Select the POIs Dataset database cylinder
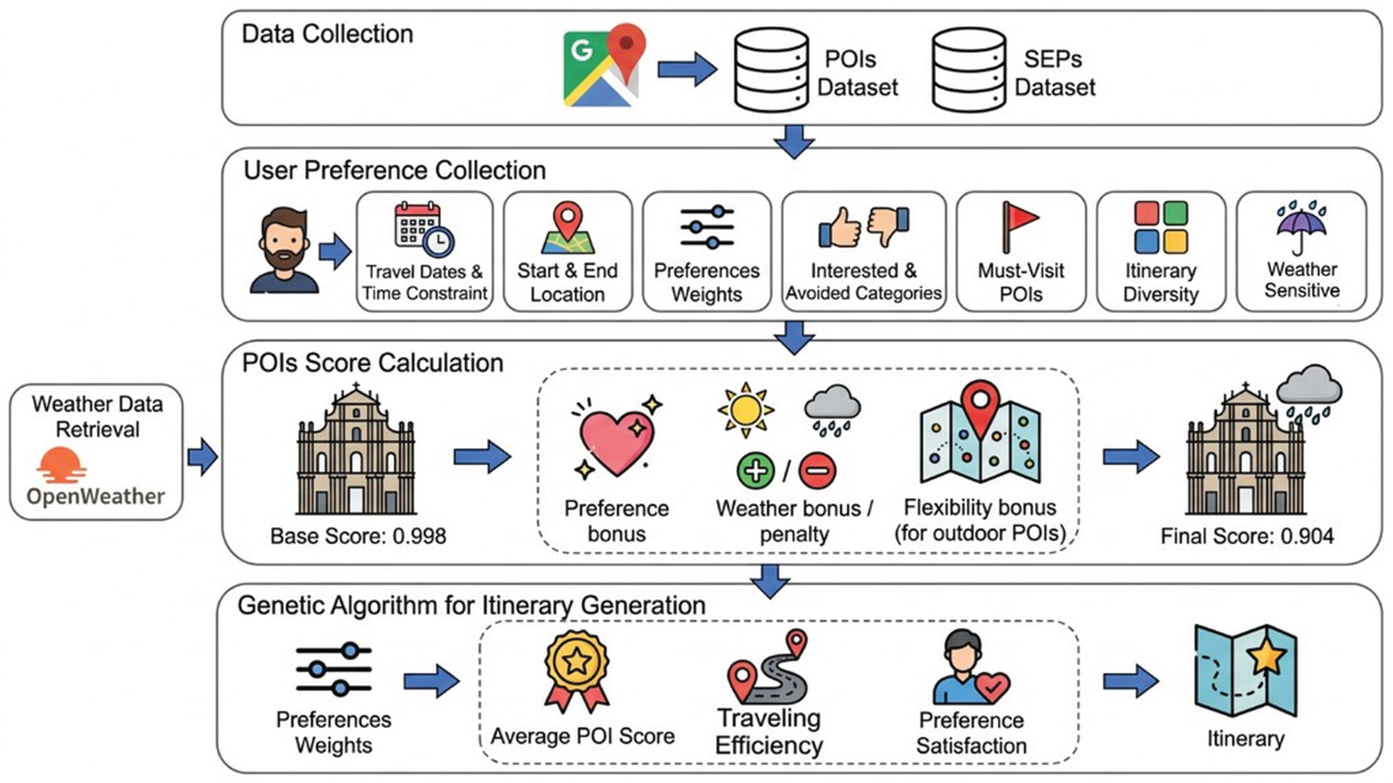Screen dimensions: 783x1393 771,70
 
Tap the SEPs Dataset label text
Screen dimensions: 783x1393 1055,73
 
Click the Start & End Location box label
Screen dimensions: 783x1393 567,282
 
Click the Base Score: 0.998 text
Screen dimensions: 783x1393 358,536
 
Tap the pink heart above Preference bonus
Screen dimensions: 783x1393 616,441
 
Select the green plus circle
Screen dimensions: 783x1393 755,470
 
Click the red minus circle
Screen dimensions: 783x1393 817,470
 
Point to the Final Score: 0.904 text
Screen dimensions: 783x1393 1247,536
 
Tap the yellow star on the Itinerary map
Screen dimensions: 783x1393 1267,657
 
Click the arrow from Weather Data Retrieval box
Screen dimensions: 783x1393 202,457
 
